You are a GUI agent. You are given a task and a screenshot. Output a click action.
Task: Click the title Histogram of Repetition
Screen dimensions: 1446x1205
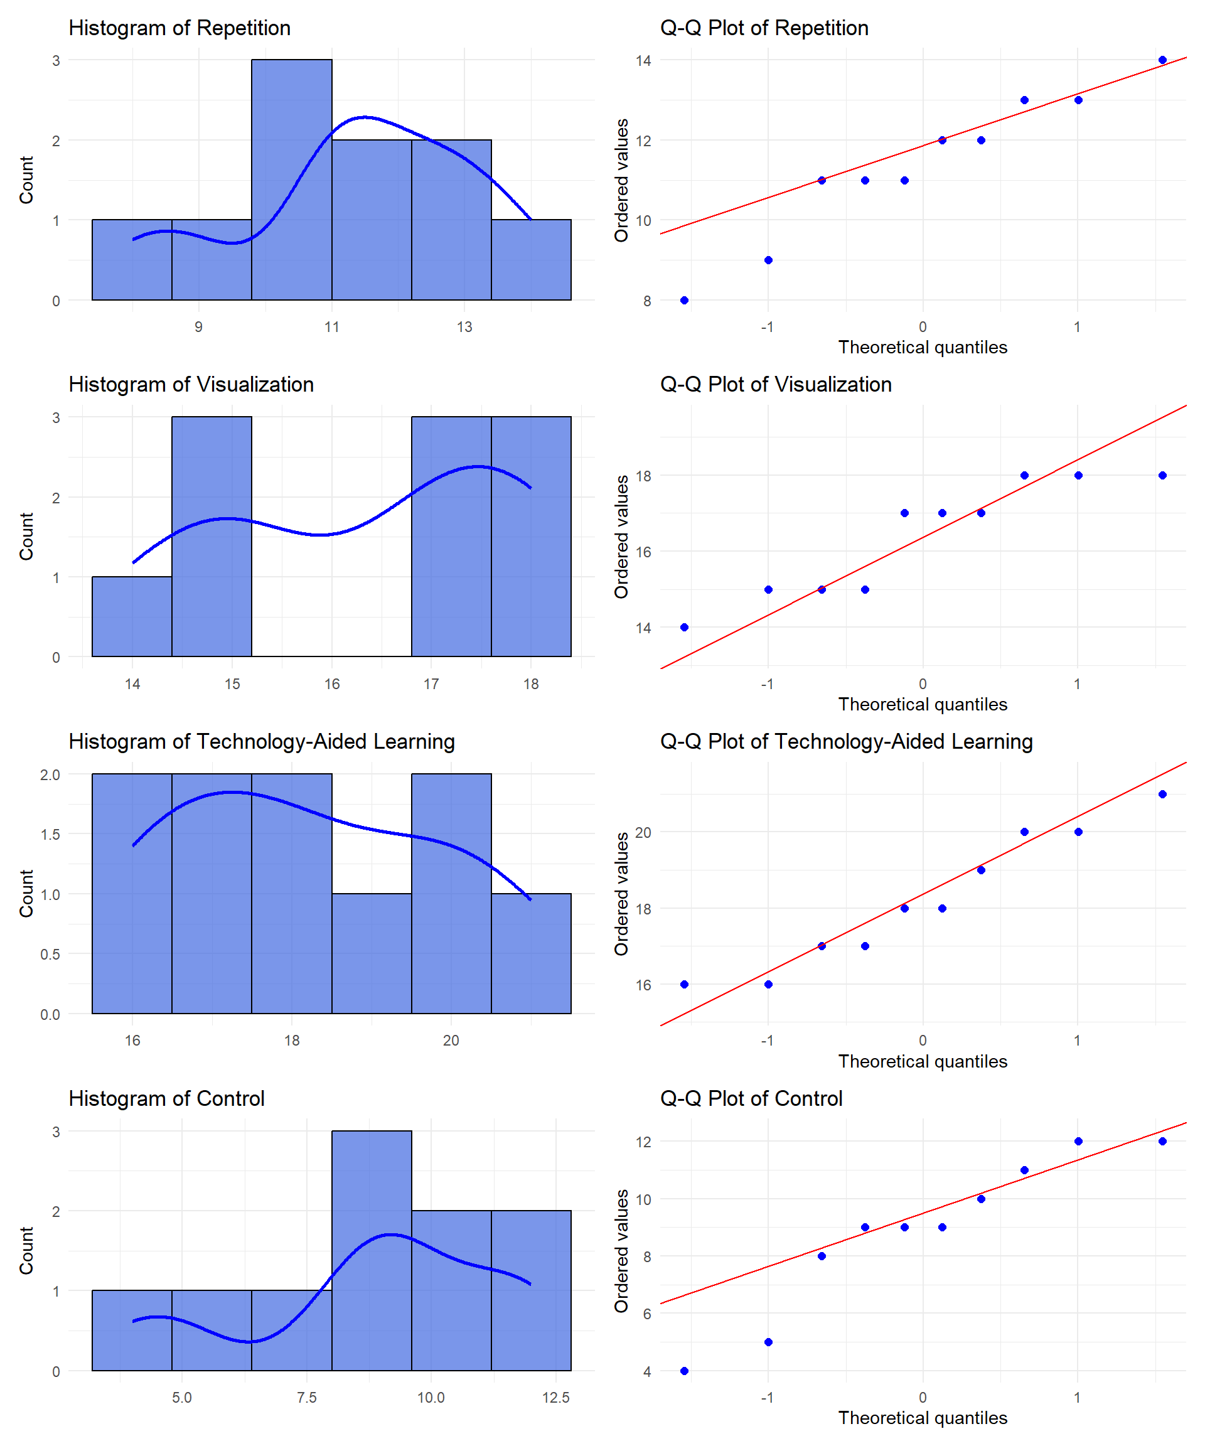[x=179, y=28]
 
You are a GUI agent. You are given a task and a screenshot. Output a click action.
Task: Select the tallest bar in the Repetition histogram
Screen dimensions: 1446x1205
[x=291, y=179]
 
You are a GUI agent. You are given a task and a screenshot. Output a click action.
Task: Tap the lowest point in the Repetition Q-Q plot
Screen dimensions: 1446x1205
[x=683, y=300]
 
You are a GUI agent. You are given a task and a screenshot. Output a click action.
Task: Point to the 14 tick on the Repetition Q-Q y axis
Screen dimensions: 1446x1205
[x=643, y=61]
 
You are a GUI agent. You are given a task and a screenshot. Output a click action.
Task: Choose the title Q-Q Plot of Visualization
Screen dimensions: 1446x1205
[x=775, y=384]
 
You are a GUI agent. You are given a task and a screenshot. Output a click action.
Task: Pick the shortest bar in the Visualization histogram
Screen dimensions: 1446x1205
[x=132, y=616]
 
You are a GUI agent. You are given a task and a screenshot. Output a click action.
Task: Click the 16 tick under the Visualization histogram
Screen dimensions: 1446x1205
[x=332, y=683]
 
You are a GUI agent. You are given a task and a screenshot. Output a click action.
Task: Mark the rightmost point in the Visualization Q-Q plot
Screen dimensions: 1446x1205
[x=1162, y=475]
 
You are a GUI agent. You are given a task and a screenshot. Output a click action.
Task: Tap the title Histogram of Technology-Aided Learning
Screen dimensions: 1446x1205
[x=262, y=742]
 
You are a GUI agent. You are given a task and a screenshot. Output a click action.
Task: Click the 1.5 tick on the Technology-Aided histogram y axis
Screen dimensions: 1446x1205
[x=50, y=835]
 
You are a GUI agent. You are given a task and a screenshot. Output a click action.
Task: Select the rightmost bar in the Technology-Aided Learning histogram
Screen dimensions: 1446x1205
[x=531, y=954]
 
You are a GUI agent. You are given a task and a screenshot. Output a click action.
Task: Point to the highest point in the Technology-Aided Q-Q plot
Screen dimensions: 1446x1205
[x=1162, y=794]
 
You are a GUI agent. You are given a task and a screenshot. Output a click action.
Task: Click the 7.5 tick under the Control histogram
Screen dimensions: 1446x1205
[x=306, y=1398]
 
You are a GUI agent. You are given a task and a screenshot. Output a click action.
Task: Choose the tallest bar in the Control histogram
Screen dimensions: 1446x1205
[x=371, y=1250]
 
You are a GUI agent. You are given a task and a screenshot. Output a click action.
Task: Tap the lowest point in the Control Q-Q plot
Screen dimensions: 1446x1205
[x=683, y=1371]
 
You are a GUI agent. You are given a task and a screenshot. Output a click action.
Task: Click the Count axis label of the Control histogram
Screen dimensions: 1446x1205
[x=26, y=1250]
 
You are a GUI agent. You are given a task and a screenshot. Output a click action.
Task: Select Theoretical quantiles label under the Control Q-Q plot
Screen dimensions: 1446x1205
[x=922, y=1418]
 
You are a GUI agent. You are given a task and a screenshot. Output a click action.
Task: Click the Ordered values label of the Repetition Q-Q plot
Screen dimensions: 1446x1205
[x=621, y=180]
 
